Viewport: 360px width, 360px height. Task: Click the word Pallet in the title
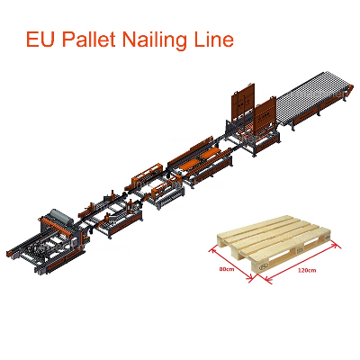(x=90, y=40)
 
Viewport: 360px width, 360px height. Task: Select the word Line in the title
(x=214, y=40)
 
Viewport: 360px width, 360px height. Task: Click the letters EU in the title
(x=42, y=40)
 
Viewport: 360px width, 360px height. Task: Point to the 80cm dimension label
(x=227, y=269)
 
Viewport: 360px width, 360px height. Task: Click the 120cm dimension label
(x=307, y=270)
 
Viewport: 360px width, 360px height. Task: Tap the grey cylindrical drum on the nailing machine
(x=61, y=216)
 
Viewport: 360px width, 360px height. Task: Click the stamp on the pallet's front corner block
(x=263, y=266)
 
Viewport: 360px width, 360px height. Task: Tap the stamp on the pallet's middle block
(x=301, y=249)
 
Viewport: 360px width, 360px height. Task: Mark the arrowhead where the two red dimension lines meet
(x=254, y=278)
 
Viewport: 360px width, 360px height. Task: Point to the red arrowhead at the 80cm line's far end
(x=212, y=248)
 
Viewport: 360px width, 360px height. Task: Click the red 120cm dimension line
(x=300, y=262)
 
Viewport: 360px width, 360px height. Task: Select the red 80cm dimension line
(x=231, y=264)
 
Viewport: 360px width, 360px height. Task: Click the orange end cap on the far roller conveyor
(x=347, y=90)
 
